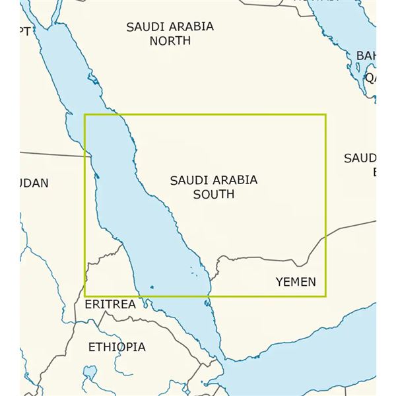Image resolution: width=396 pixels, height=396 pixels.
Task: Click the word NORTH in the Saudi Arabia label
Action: tap(170, 41)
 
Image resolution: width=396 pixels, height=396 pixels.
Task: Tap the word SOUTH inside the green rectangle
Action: tap(213, 194)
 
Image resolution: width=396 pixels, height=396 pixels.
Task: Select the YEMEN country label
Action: tap(296, 282)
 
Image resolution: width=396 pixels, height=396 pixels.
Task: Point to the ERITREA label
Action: tap(110, 304)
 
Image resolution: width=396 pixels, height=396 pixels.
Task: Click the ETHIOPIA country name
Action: tap(117, 346)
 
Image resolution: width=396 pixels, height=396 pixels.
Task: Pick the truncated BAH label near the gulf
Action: tap(366, 55)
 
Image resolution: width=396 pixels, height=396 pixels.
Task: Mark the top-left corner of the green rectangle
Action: tap(84, 114)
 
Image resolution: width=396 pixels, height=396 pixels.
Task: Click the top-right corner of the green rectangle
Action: tap(326, 114)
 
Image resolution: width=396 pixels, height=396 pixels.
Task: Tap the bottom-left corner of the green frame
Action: tap(84, 296)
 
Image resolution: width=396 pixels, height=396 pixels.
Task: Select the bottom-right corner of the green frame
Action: tap(326, 296)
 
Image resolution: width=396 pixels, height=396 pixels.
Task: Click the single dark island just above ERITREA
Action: tap(152, 287)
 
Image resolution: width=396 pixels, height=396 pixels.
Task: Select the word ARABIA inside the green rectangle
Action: tap(236, 180)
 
